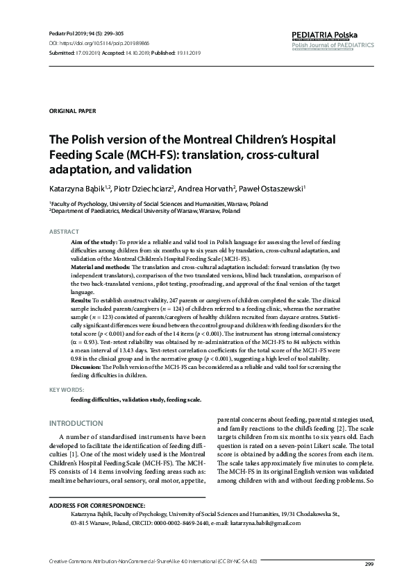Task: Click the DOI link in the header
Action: (x=97, y=42)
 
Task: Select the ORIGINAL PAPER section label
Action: (x=73, y=111)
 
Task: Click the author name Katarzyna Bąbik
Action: (x=76, y=187)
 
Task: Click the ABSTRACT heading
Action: (x=64, y=230)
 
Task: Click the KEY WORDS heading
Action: (x=66, y=391)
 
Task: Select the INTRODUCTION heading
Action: (x=76, y=423)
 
